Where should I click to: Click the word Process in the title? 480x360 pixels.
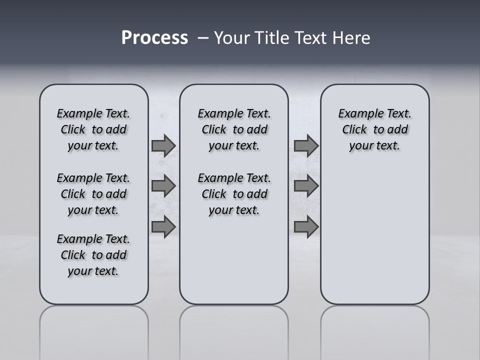tap(154, 38)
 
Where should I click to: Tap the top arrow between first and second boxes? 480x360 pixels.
tap(163, 145)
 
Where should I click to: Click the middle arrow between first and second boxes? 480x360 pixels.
tap(163, 186)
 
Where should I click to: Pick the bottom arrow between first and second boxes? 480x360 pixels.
tap(163, 226)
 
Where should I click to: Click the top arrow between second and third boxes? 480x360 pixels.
tap(306, 145)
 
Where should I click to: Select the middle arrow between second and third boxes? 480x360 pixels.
tap(306, 186)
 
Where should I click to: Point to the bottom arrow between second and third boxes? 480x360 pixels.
tap(306, 226)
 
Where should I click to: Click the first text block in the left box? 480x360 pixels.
tap(93, 129)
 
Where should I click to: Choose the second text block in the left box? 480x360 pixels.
tap(93, 194)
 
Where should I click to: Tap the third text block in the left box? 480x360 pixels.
tap(93, 255)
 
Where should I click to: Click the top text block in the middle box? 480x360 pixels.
tap(234, 129)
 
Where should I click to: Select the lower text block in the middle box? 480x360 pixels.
tap(234, 194)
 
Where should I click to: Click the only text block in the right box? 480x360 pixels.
tap(374, 129)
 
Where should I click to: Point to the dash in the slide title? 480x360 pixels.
tap(203, 38)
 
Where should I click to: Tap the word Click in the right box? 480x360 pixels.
tap(354, 129)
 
